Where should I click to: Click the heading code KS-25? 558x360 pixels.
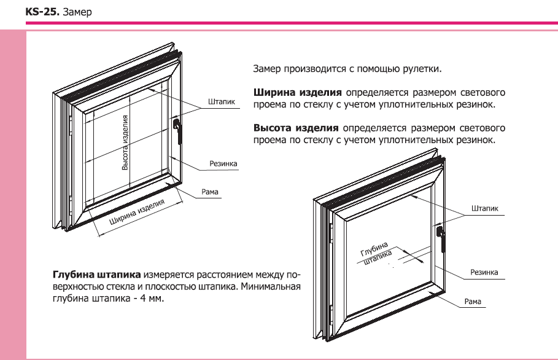tap(39, 12)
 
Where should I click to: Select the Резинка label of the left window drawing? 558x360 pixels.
tap(223, 164)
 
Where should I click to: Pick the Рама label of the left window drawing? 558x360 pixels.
tap(210, 192)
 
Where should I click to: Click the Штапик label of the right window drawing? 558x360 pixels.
tap(484, 209)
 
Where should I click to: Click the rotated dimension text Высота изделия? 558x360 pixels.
tap(125, 142)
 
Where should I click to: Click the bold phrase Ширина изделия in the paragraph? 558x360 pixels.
tap(297, 93)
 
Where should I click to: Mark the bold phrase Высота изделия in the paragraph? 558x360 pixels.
tap(296, 128)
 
